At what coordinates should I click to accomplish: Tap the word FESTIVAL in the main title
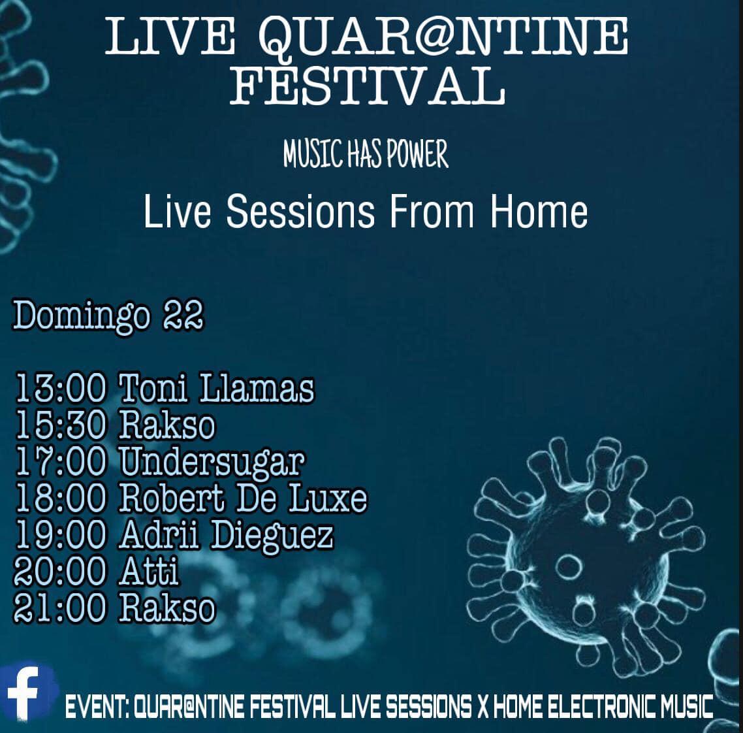tap(367, 86)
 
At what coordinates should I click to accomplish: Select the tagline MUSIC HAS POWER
tap(366, 154)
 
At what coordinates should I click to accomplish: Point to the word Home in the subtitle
tap(539, 211)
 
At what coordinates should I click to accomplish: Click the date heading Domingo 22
tap(108, 316)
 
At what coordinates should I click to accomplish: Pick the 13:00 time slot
tap(60, 388)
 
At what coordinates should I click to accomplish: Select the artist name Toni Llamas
tap(216, 388)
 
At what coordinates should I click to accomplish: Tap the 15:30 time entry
tap(60, 425)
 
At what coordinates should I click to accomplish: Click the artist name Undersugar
tap(212, 463)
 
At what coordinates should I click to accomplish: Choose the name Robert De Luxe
tap(243, 498)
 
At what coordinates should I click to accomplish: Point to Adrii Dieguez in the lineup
tap(226, 536)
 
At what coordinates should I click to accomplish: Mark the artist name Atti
tap(149, 572)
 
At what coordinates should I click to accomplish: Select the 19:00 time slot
tap(60, 535)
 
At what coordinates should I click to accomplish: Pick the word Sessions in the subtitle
tap(300, 211)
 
